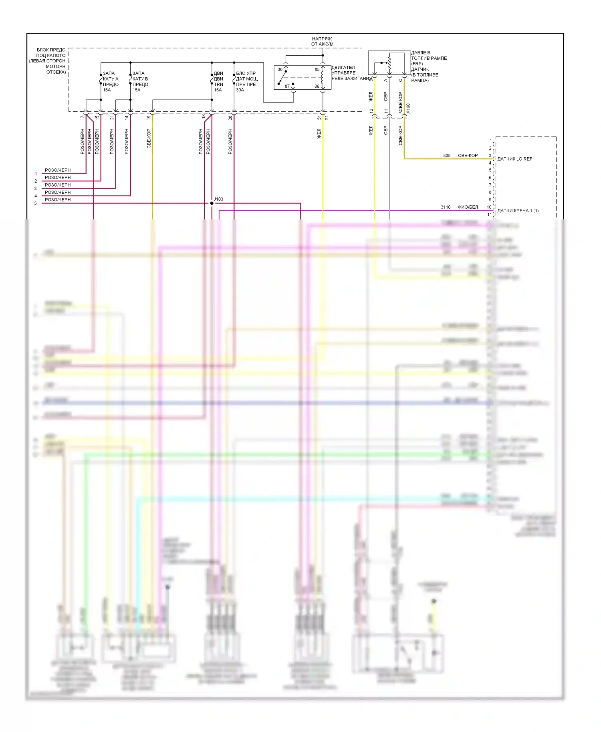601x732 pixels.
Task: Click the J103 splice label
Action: click(218, 199)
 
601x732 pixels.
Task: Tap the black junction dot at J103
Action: click(212, 203)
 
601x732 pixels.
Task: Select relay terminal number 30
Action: click(280, 70)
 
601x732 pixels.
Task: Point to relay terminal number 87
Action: click(287, 86)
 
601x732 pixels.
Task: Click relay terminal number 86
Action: click(317, 86)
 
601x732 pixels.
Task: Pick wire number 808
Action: click(447, 155)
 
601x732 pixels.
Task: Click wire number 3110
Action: click(446, 207)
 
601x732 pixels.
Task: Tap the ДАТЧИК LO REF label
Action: click(514, 159)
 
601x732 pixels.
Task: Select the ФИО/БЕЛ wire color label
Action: click(468, 207)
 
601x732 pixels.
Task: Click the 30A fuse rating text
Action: click(240, 90)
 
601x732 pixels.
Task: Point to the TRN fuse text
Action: click(218, 84)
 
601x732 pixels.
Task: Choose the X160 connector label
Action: click(408, 109)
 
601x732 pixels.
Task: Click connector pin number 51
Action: click(319, 117)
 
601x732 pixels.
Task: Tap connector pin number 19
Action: click(149, 117)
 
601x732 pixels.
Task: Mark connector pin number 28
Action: click(230, 117)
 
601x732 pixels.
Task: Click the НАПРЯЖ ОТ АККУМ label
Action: click(322, 41)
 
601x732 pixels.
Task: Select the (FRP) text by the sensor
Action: click(417, 64)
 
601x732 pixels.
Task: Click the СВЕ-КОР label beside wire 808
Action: click(468, 155)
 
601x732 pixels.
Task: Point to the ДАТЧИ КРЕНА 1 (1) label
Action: click(518, 211)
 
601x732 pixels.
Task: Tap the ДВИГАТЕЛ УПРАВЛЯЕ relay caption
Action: click(343, 70)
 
